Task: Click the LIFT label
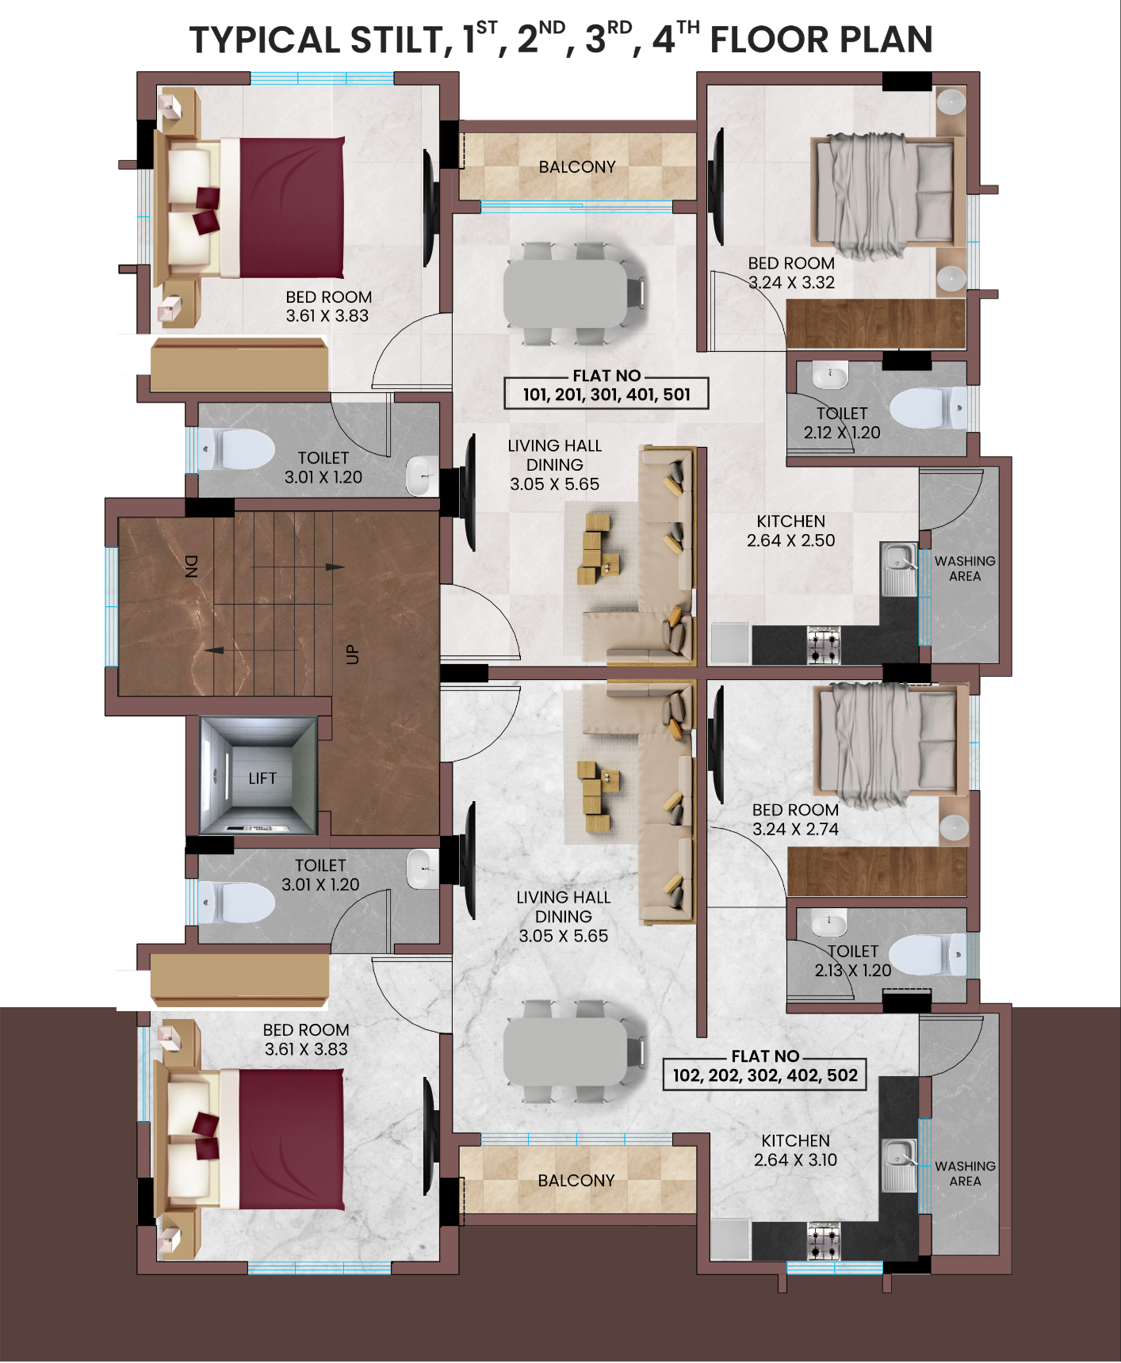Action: click(x=262, y=778)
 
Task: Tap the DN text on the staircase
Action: click(x=191, y=566)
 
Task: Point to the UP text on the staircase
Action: click(x=352, y=655)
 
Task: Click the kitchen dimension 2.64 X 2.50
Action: click(x=791, y=540)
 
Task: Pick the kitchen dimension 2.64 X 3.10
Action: click(x=795, y=1160)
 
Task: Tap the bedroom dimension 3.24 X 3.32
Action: click(x=791, y=282)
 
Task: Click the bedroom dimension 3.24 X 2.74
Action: click(x=795, y=829)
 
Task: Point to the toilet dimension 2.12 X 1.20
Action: click(x=842, y=433)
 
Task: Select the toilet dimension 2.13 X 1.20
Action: click(x=853, y=970)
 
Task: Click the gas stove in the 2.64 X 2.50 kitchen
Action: click(x=824, y=644)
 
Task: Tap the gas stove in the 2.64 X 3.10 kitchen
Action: click(x=824, y=1241)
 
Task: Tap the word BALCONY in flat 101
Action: click(x=577, y=167)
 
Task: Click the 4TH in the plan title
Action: click(x=675, y=38)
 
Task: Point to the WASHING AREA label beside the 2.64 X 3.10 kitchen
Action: click(x=965, y=1174)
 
